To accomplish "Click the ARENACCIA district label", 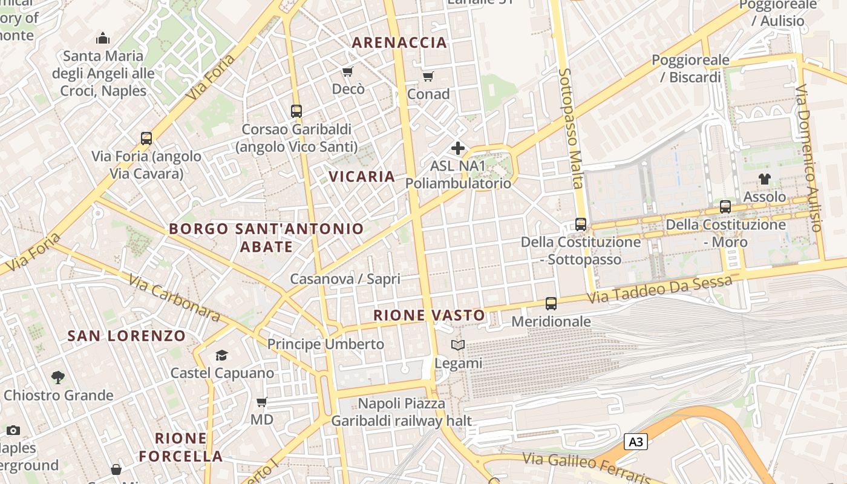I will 399,42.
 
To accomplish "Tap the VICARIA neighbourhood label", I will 362,177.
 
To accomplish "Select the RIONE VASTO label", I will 429,315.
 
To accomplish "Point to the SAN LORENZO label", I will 126,336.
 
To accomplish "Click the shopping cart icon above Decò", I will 348,72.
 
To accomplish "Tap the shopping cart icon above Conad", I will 428,76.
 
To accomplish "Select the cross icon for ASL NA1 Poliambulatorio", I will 458,148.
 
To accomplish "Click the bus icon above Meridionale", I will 551,304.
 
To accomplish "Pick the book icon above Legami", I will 459,345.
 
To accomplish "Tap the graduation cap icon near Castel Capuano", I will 222,355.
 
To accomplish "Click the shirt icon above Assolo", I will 765,179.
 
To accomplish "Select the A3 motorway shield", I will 635,442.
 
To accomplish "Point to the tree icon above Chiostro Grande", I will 58,378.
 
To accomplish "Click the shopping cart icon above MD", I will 262,402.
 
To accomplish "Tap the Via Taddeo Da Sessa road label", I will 659,290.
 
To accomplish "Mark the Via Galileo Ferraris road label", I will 587,469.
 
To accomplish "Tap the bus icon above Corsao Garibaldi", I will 296,111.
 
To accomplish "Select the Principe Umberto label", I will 325,344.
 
